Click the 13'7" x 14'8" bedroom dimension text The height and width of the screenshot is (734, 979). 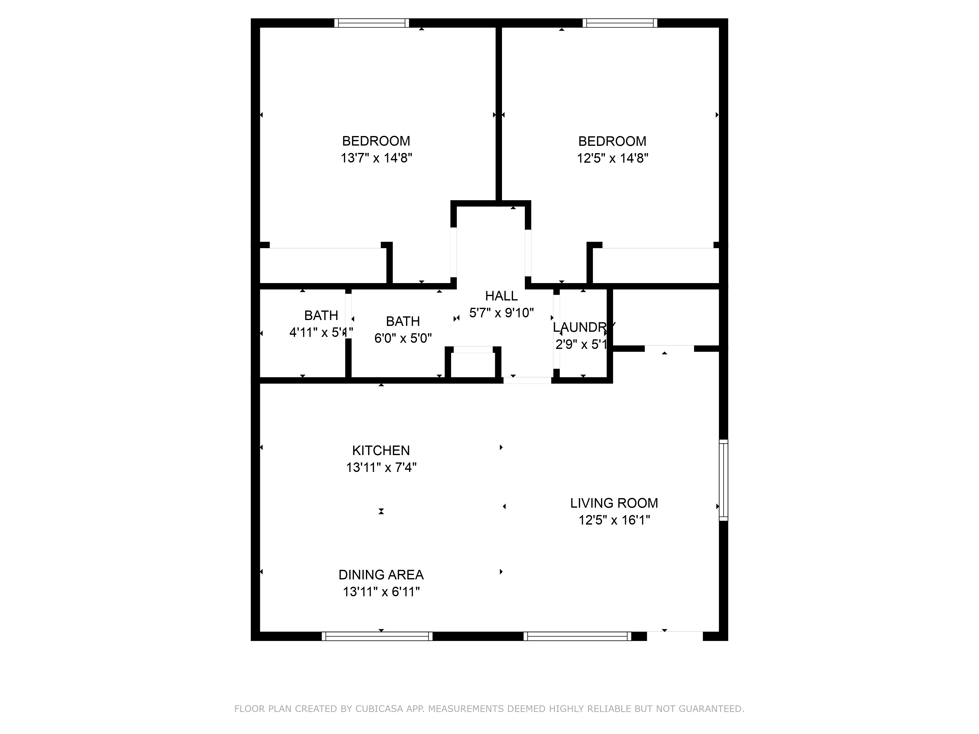376,158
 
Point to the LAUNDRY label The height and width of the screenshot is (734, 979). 583,327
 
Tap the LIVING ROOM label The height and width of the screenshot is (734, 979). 614,503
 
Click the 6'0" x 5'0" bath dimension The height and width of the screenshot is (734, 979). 403,338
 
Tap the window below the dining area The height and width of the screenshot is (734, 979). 377,636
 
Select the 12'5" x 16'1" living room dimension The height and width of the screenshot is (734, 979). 614,520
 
